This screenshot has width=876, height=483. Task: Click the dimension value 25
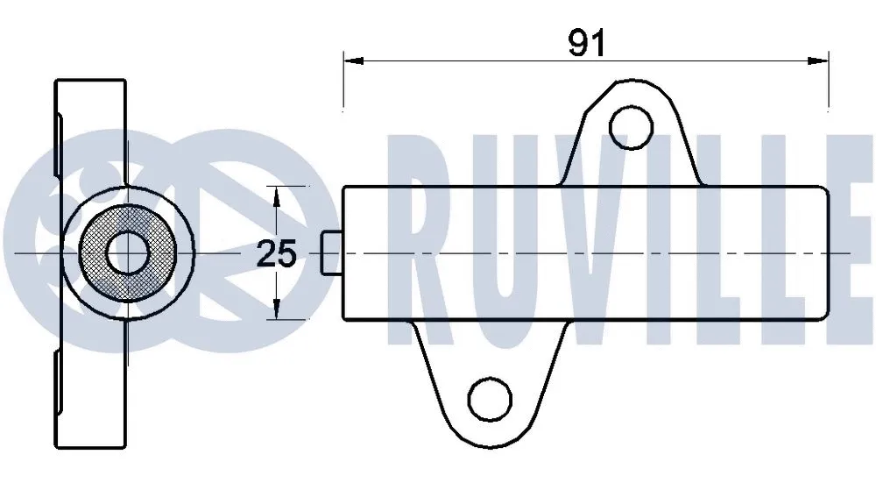coord(276,253)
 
